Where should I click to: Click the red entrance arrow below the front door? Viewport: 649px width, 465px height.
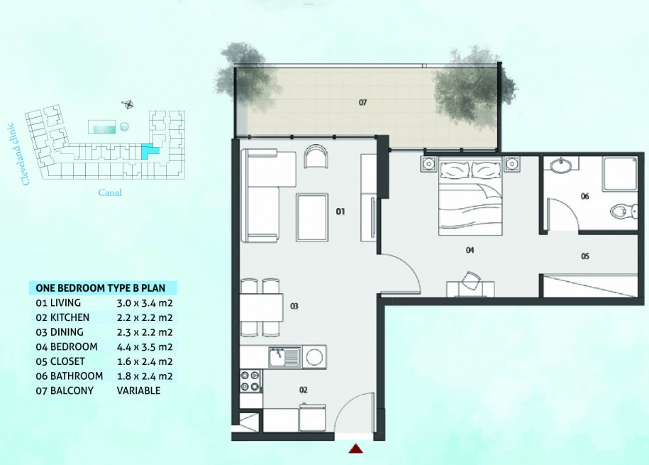click(x=355, y=449)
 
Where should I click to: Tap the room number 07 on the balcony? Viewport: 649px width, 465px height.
click(x=362, y=102)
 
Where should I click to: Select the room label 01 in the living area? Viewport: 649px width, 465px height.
click(x=340, y=212)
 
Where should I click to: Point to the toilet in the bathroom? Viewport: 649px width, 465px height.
click(x=624, y=212)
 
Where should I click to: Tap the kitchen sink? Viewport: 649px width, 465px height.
click(x=284, y=357)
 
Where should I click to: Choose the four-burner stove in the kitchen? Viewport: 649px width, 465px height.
click(x=250, y=381)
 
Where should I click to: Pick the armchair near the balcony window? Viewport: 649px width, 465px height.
click(x=316, y=157)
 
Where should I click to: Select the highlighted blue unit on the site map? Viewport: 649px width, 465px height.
click(x=148, y=151)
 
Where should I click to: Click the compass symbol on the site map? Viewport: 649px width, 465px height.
click(x=128, y=104)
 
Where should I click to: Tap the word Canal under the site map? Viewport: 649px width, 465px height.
click(x=110, y=192)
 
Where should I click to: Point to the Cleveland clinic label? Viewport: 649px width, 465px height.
click(x=17, y=154)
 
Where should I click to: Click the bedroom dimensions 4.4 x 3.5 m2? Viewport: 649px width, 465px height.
click(x=145, y=347)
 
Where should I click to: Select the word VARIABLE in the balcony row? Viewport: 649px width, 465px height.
click(x=138, y=391)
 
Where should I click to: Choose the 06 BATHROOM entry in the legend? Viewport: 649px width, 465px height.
click(x=69, y=376)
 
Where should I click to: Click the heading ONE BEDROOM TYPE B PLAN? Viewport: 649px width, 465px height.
click(x=101, y=288)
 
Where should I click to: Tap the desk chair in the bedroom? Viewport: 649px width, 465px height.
click(x=472, y=280)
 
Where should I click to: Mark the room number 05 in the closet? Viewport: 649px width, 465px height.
click(x=585, y=256)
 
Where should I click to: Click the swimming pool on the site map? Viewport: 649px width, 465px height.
click(x=102, y=127)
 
